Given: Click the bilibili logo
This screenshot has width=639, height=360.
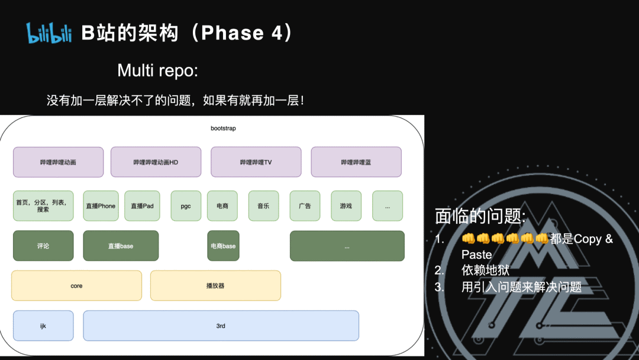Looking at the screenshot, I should coord(50,33).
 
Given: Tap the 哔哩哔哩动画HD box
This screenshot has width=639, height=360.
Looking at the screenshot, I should coord(156,162).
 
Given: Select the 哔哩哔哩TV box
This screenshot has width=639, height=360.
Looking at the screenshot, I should coord(256,162).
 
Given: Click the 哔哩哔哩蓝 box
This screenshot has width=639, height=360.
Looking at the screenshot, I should coord(356,162).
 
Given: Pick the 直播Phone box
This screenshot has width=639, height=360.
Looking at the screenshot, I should coord(101,206).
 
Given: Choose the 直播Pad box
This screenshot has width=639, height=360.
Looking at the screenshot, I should coord(142,206).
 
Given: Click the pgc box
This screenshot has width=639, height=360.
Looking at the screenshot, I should coord(186,206).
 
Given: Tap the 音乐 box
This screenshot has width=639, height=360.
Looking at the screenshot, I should coord(263,206).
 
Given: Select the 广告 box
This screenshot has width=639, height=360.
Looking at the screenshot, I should coord(305,206).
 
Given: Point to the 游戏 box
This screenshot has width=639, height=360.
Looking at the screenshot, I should coord(346,206).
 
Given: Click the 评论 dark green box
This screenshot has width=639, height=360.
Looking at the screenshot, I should coord(43,246).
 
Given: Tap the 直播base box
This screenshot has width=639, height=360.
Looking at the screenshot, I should coord(121,246).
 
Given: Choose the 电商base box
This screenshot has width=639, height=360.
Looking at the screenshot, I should coord(223,246).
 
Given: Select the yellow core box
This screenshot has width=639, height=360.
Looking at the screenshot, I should coord(76,285).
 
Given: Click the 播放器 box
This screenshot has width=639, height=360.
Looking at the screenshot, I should coord(215,285).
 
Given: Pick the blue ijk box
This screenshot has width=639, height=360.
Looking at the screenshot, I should coord(43,326).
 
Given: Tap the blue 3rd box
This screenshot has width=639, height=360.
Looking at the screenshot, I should coord(221,326).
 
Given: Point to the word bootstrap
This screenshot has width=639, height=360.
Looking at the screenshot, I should coord(223,128).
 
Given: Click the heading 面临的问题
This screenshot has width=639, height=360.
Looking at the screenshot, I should coord(480,217).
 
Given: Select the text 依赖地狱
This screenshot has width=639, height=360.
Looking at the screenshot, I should coord(485,271).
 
